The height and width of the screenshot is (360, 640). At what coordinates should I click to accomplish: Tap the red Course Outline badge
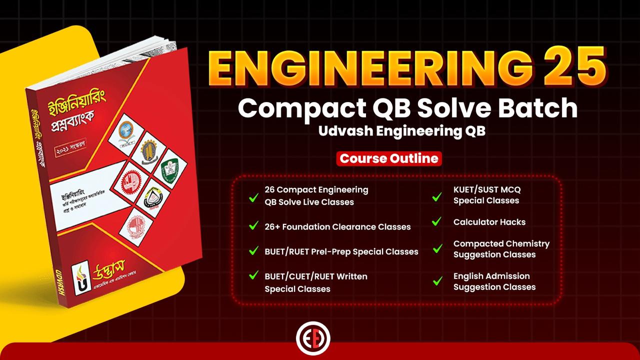(389, 158)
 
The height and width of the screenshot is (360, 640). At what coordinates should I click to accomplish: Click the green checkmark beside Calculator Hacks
(436, 221)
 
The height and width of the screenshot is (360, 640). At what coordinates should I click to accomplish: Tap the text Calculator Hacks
(489, 222)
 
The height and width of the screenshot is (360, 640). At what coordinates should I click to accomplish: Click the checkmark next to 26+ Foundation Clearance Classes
(253, 225)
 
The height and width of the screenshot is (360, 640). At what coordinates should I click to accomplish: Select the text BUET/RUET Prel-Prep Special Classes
(341, 251)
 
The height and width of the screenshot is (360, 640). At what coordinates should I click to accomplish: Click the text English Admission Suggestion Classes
(494, 281)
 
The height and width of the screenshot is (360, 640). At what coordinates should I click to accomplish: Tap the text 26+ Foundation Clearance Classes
(337, 226)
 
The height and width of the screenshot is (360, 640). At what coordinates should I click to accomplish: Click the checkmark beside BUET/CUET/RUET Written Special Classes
(253, 275)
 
